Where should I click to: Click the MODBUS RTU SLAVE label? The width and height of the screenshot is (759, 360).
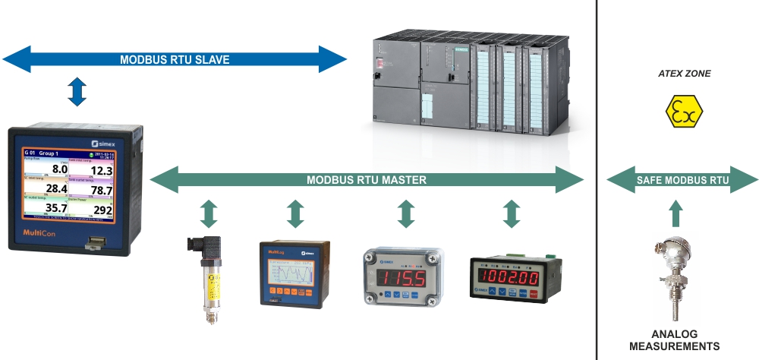coord(175,59)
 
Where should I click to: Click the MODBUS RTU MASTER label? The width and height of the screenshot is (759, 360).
coord(367,181)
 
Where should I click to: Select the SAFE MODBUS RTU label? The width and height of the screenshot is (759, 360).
coord(683,181)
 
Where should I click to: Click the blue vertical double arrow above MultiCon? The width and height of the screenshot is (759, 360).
coord(77,91)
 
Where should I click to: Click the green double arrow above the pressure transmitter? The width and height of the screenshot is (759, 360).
coord(209,213)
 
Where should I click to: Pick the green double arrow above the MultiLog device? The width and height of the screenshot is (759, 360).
coord(295,213)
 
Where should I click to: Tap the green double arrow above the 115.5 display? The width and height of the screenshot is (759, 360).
coord(407,213)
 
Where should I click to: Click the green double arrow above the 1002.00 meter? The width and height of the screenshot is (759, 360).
coord(511,213)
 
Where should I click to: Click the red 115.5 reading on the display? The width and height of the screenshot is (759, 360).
coord(403,277)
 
